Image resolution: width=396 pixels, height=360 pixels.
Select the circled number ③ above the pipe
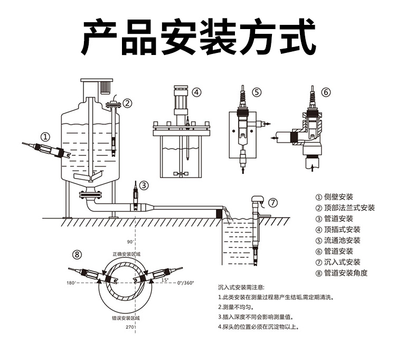point(144,184)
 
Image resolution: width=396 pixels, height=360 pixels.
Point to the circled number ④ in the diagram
point(196,92)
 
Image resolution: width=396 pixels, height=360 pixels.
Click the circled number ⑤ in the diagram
point(257,92)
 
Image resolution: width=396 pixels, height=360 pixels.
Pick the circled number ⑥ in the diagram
point(326,92)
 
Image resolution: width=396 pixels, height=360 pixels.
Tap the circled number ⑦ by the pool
point(272,203)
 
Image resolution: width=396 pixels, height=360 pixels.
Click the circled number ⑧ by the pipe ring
point(78,254)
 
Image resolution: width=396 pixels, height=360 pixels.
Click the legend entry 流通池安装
point(342,240)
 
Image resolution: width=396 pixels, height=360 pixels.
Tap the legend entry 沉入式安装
point(342,262)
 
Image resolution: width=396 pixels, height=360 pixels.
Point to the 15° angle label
point(164,280)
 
